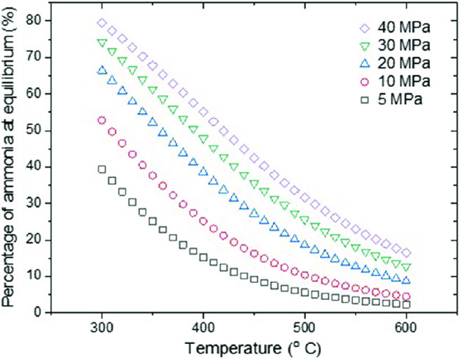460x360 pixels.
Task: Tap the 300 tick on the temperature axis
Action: pos(102,326)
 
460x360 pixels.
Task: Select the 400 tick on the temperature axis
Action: pos(203,326)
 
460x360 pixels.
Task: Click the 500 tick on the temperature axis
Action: pos(304,326)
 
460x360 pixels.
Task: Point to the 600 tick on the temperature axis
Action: pos(406,326)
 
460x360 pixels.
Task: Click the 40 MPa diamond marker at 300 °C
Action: pos(102,23)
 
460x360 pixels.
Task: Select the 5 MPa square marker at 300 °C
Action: pos(102,169)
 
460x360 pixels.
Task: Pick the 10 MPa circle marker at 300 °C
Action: pos(102,120)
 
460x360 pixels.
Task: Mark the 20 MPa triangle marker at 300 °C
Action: pos(102,70)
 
